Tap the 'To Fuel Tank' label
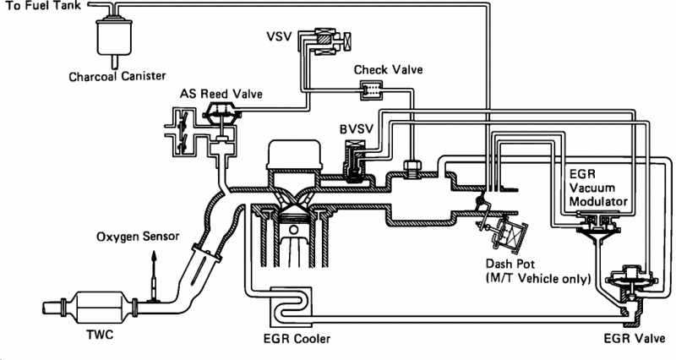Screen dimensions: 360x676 [39, 7]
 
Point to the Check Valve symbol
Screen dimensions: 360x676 [370, 87]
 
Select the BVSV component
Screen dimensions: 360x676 [353, 161]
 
